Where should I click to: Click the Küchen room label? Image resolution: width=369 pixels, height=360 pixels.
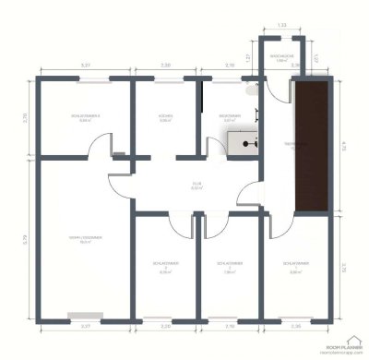[166, 116]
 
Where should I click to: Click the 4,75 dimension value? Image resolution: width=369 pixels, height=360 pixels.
[342, 144]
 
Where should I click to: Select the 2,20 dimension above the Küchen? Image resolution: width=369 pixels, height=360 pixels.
[166, 66]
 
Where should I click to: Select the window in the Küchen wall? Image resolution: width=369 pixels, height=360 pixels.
[166, 79]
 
